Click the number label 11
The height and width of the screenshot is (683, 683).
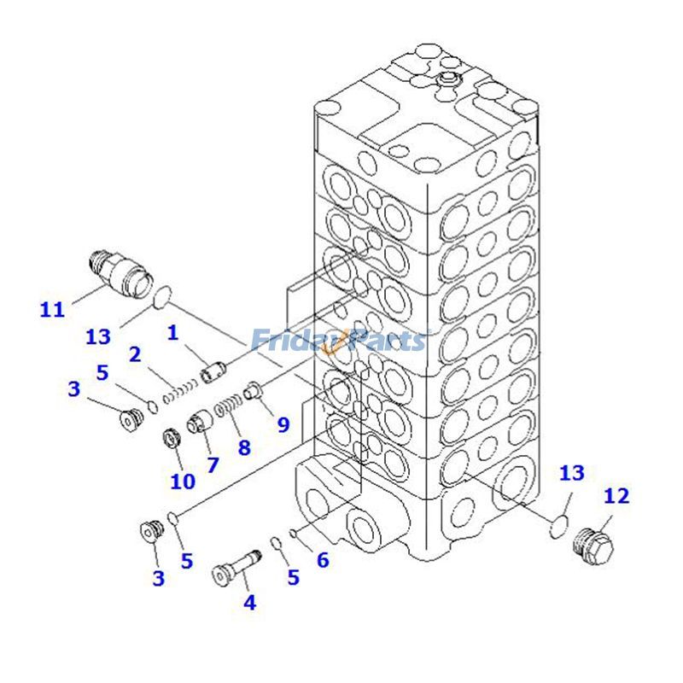pyautogui.click(x=52, y=309)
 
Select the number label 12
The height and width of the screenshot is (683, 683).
pyautogui.click(x=616, y=496)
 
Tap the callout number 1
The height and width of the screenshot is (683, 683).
pyautogui.click(x=173, y=333)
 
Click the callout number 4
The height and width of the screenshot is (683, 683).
pyautogui.click(x=249, y=603)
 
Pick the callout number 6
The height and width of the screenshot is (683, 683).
pyautogui.click(x=322, y=560)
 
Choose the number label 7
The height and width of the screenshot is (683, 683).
pyautogui.click(x=212, y=464)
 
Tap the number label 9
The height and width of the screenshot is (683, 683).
pyautogui.click(x=283, y=423)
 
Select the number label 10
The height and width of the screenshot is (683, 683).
pyautogui.click(x=182, y=481)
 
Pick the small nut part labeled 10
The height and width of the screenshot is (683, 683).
pyautogui.click(x=171, y=441)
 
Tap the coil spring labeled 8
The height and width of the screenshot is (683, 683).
pyautogui.click(x=229, y=406)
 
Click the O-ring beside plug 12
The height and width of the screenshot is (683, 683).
pyautogui.click(x=559, y=527)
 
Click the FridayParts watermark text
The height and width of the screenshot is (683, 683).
pyautogui.click(x=338, y=341)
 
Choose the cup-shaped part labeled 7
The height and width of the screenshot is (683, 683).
pyautogui.click(x=199, y=422)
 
